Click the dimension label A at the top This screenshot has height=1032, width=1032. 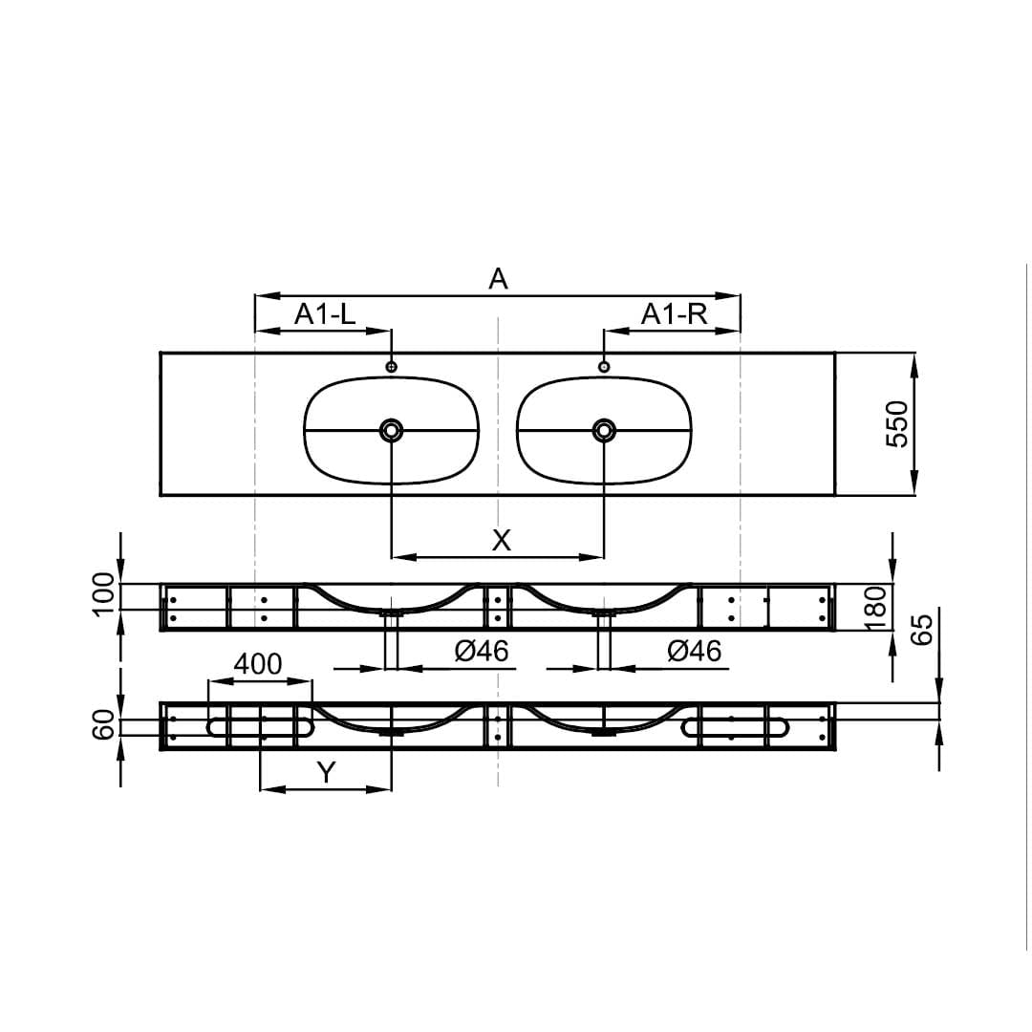click(x=498, y=279)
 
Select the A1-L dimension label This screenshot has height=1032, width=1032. click(x=325, y=314)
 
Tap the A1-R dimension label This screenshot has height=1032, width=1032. click(x=674, y=314)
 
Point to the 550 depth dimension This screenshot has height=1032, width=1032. click(x=897, y=424)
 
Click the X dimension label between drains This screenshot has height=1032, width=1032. click(x=502, y=540)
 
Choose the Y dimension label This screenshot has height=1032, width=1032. click(x=326, y=773)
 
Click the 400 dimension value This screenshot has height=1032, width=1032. click(x=258, y=665)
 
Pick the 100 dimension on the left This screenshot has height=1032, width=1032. click(x=104, y=594)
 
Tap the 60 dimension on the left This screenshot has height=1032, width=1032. click(x=104, y=724)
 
